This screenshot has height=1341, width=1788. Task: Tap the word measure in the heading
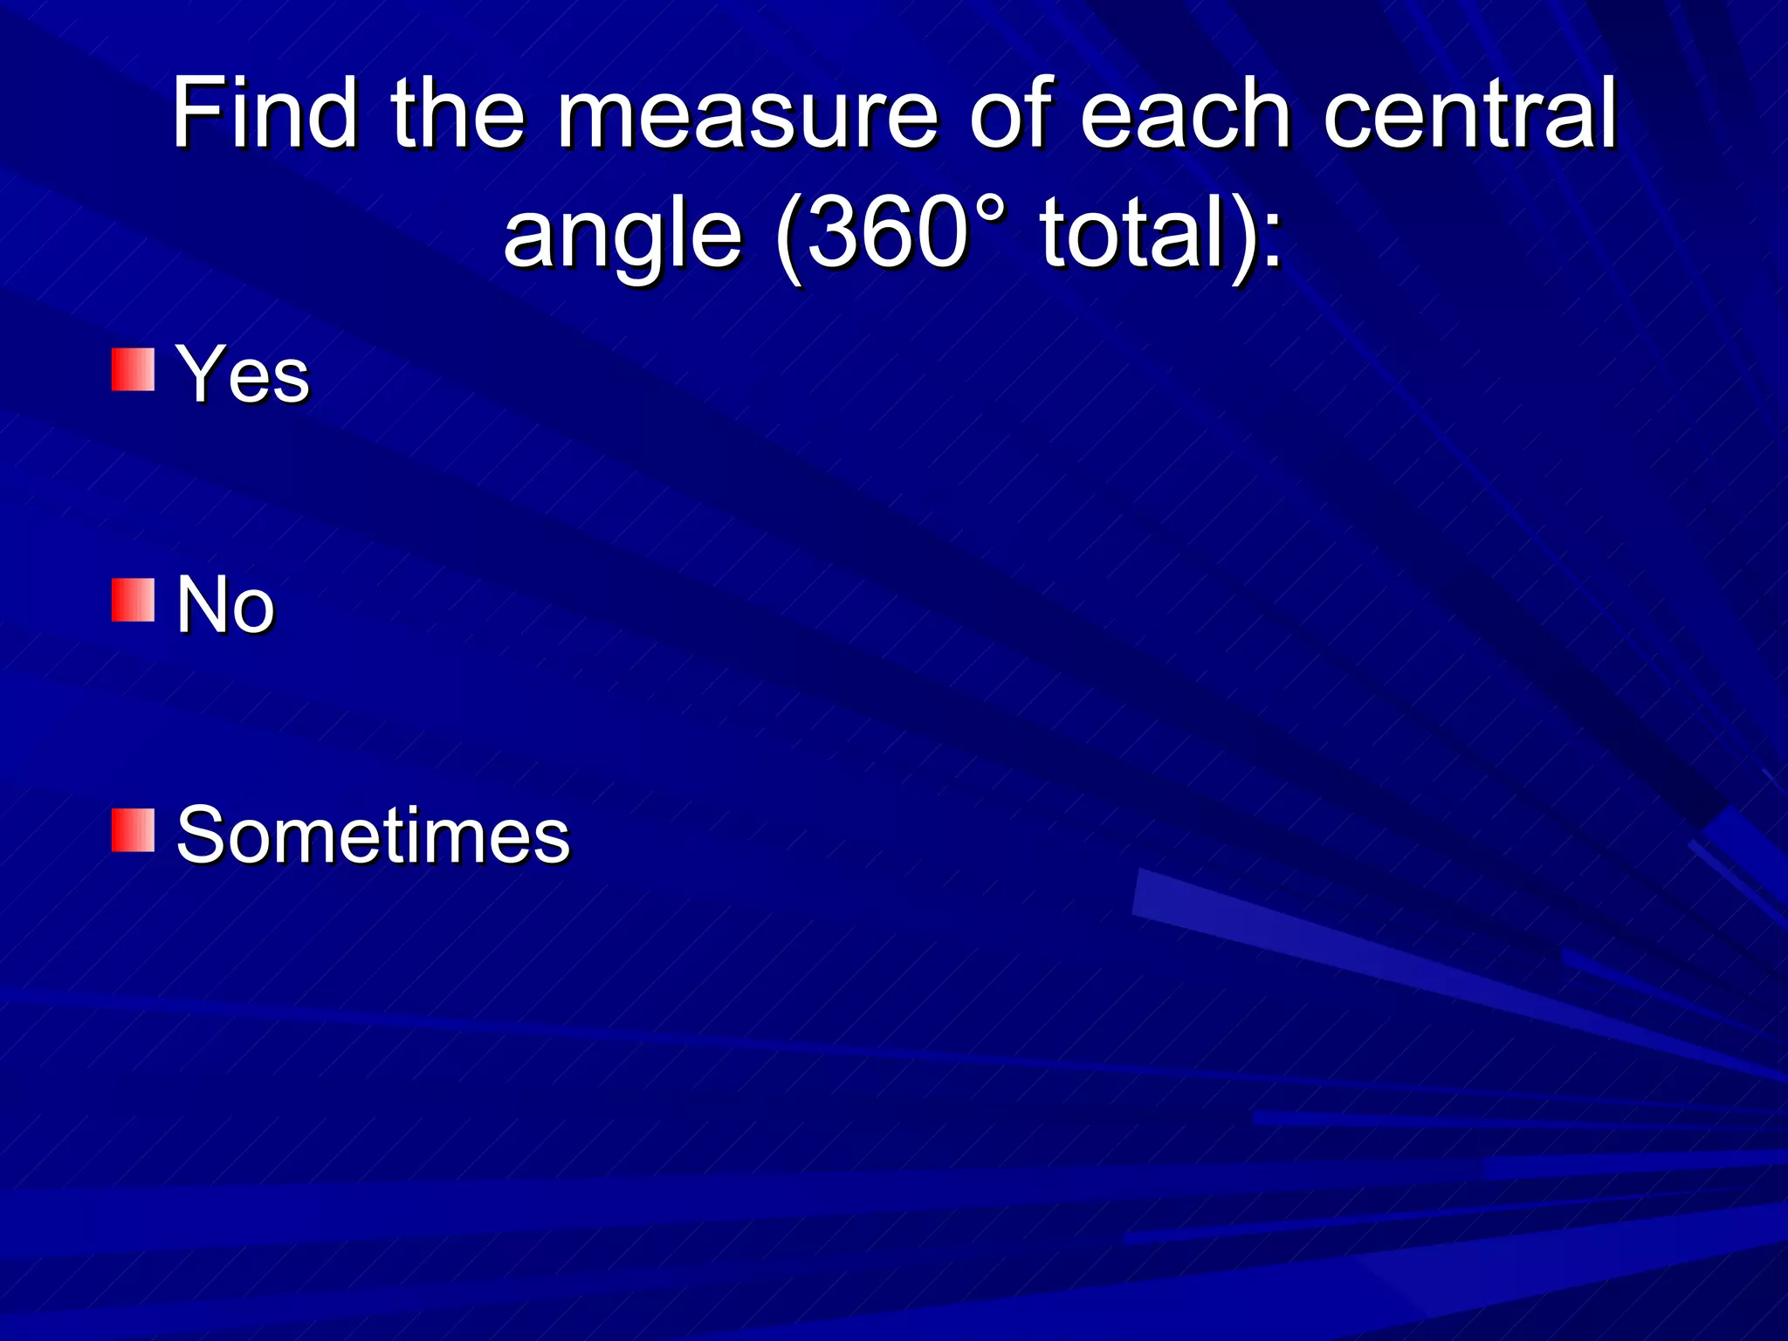coord(746,113)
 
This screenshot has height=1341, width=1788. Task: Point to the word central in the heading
coord(1470,113)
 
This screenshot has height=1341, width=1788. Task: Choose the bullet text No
coord(225,604)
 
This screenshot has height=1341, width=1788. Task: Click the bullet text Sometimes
coord(373,835)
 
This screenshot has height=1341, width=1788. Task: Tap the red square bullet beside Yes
coord(133,369)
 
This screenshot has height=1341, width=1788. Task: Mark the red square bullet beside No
coord(133,600)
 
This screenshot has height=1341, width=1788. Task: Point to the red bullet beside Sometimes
coord(133,830)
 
